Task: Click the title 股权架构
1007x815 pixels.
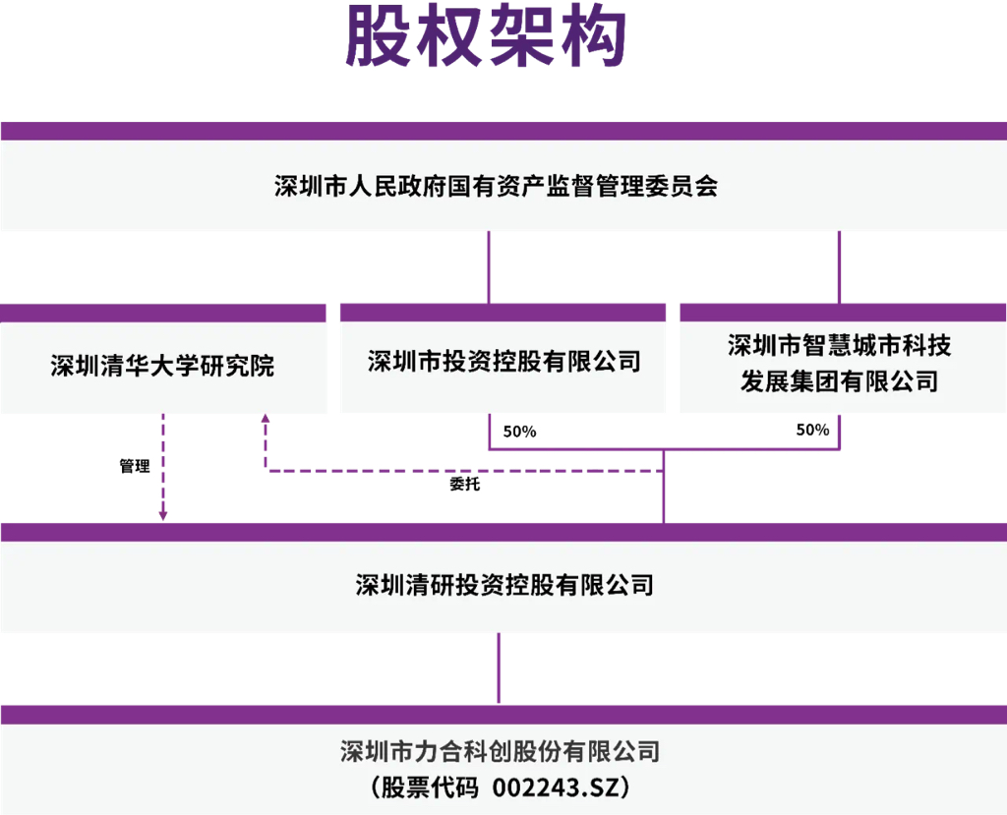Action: pos(486,36)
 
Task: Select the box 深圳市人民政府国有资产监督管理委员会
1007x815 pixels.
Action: pos(503,176)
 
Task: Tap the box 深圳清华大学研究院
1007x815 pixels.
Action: pos(163,359)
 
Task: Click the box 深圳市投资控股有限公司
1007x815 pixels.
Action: pos(503,359)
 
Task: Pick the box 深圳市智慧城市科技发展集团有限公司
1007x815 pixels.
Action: pos(843,359)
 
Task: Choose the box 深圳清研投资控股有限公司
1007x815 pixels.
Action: pos(503,578)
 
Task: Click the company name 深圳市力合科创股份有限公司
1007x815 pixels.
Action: pos(500,751)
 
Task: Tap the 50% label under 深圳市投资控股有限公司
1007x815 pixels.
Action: pos(519,432)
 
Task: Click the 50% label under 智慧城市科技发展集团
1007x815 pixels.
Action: pos(812,430)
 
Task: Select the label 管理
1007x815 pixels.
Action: pos(135,466)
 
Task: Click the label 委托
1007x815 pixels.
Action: pos(465,484)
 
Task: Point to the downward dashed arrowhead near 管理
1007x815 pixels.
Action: pos(163,515)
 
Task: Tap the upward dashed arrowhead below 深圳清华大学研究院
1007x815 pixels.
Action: pos(266,418)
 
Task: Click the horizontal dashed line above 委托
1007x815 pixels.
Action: pos(464,471)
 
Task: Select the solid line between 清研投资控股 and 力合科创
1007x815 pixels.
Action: pos(499,669)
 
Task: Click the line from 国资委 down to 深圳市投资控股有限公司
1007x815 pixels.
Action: pos(489,267)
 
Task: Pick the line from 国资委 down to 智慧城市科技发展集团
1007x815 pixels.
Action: pos(839,267)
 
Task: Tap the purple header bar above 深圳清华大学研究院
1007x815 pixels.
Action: pos(163,314)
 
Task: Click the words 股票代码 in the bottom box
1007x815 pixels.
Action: pos(430,787)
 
